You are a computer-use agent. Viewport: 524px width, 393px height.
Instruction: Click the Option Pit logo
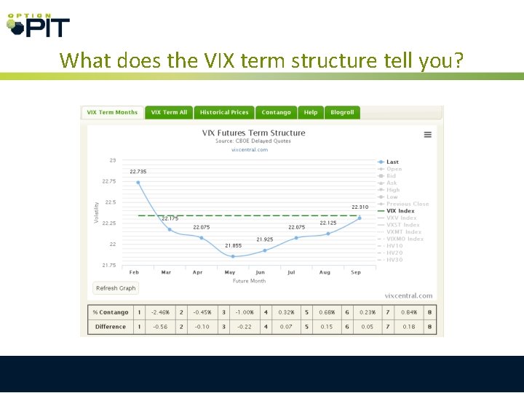point(38,25)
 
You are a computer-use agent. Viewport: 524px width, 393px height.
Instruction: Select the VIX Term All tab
point(169,113)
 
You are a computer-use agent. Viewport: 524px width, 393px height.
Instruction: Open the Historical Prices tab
point(224,113)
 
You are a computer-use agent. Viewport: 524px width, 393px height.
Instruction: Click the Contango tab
point(277,113)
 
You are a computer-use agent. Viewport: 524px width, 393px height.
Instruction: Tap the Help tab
point(311,113)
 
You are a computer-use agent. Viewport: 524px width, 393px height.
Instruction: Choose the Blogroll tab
point(342,113)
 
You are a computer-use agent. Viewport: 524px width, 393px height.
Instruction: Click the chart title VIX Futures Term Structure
point(253,133)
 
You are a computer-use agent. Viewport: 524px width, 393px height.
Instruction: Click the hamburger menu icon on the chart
point(428,135)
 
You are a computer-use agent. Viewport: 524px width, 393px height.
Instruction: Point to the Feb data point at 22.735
point(138,183)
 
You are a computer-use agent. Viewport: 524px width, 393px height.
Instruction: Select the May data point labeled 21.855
point(233,256)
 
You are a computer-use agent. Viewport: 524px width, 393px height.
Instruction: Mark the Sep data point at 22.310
point(359,218)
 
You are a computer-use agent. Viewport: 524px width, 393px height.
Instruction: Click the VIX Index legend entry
point(400,211)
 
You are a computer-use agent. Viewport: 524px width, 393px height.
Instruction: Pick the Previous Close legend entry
point(408,204)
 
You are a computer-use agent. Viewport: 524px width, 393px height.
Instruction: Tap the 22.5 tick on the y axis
point(111,202)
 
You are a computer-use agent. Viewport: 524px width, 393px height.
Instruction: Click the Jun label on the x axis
point(261,272)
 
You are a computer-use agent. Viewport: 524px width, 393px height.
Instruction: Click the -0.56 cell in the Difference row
point(159,327)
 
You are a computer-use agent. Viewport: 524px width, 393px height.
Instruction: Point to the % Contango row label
point(111,313)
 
